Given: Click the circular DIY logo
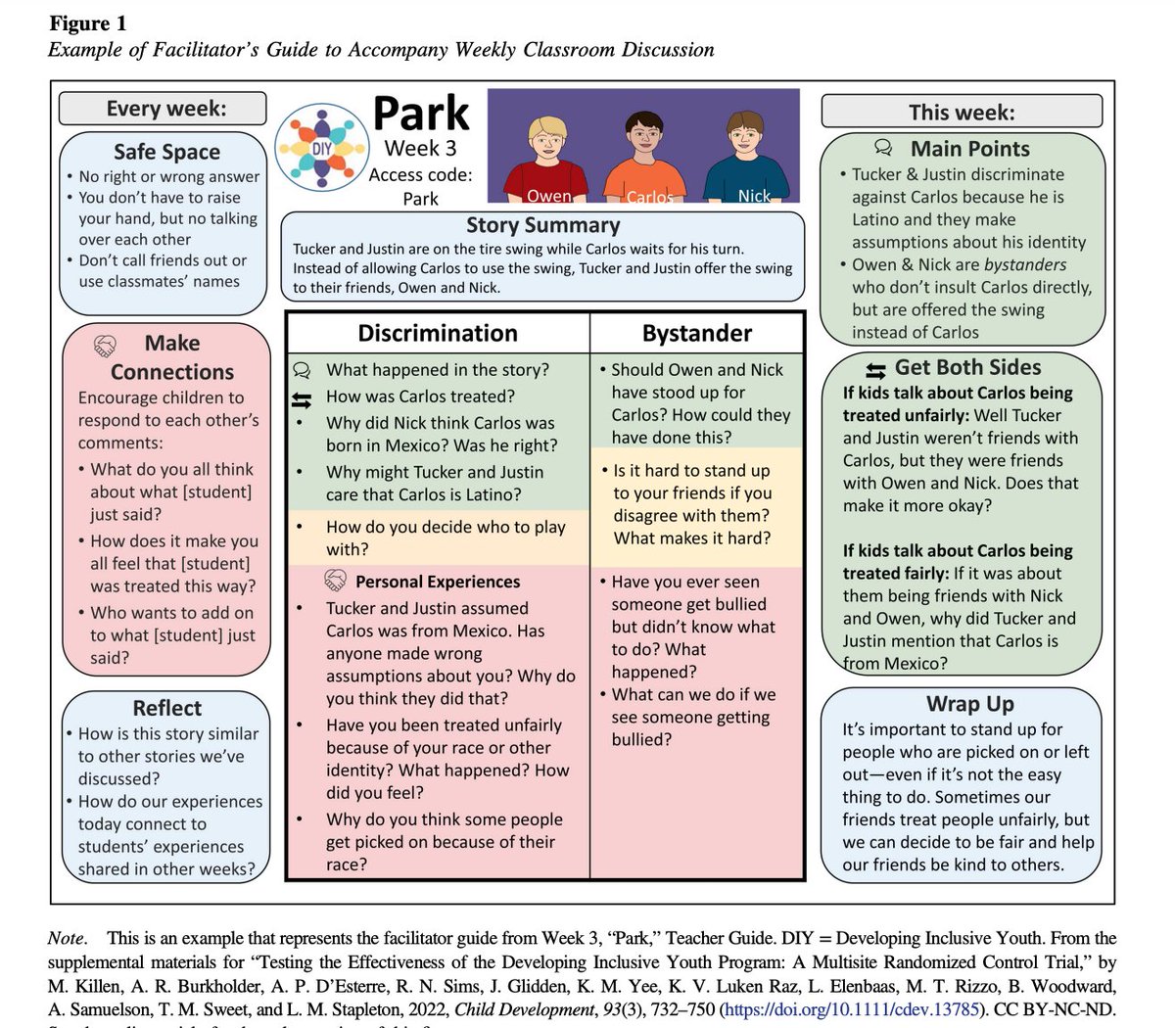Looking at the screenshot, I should tap(321, 149).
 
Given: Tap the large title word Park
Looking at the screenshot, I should tap(421, 114).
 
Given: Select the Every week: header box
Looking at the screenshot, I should tap(163, 108).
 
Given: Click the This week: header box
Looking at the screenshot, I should tap(962, 112).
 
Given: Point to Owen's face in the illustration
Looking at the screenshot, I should tap(545, 136).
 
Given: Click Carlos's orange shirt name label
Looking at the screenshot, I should tap(649, 197).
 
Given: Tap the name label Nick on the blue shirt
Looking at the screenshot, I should tap(754, 196).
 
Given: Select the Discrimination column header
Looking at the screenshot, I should tap(438, 333).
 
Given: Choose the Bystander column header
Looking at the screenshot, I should tap(697, 334).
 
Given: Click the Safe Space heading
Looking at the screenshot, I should tap(166, 152).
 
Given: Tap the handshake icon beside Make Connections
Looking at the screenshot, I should tap(106, 346).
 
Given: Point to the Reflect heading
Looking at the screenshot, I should tap(167, 708).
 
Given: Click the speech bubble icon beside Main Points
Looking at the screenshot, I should tap(883, 149).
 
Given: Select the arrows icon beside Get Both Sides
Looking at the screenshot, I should tap(876, 369).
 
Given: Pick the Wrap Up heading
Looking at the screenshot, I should tap(969, 704).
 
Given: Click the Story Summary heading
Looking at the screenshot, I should tap(542, 225).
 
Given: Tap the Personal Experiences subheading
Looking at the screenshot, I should tap(438, 582).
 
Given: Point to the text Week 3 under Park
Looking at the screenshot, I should tap(420, 149).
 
